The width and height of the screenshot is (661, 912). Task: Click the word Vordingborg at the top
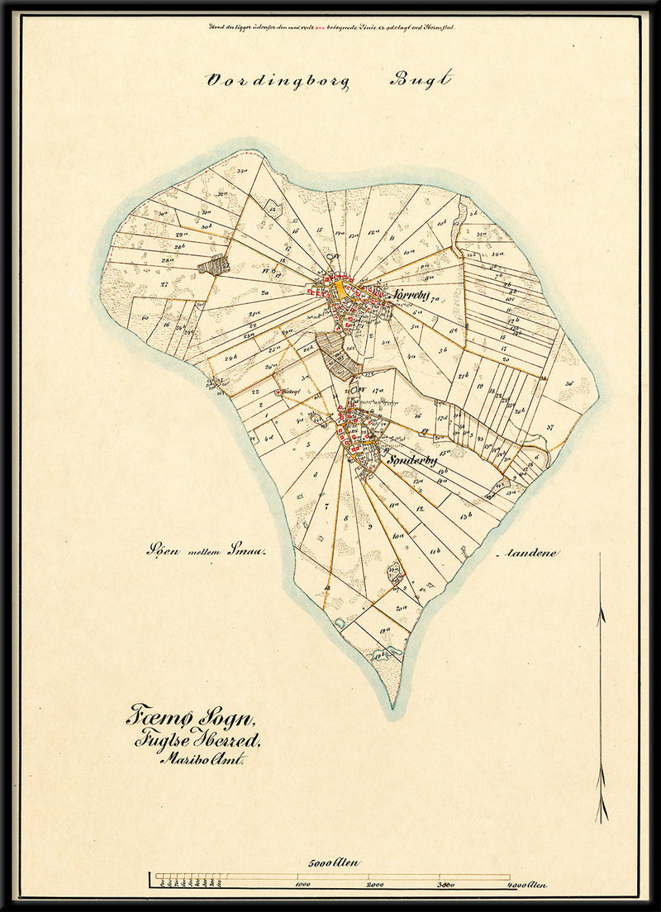coord(278,81)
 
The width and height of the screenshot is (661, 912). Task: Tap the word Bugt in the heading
coord(421,80)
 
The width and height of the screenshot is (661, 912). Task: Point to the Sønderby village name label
coord(411,461)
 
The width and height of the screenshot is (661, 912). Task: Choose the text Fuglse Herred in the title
coord(197,740)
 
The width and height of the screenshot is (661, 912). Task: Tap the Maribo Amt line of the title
coord(198,761)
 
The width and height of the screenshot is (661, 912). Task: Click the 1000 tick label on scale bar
coord(302,885)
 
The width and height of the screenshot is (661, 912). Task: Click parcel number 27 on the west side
coord(164,283)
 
